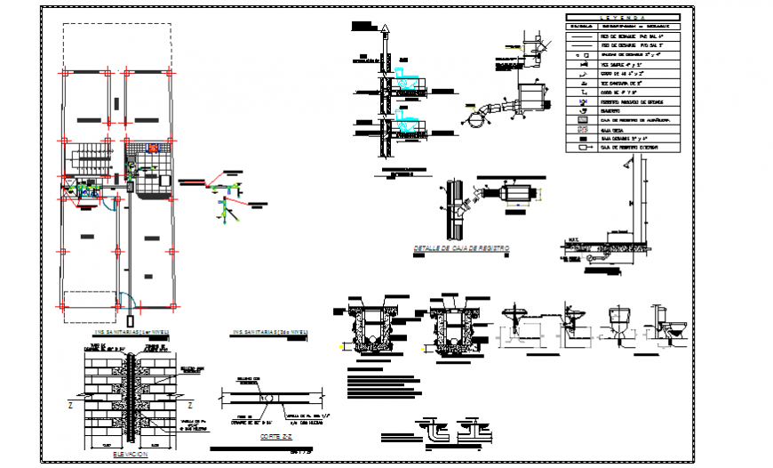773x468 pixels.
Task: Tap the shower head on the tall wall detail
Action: click(x=628, y=164)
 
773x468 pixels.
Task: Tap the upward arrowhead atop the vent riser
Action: click(x=383, y=29)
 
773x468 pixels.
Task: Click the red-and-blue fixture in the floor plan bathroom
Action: click(x=153, y=149)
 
